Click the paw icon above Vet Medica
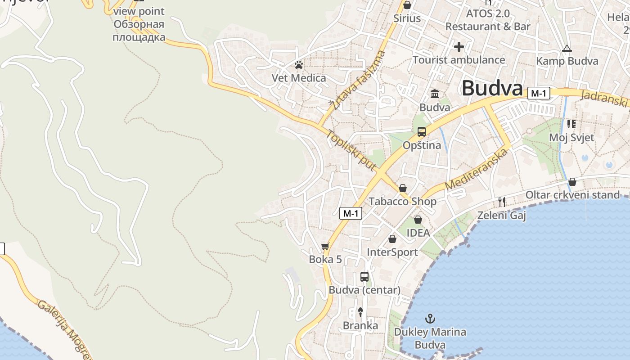298,65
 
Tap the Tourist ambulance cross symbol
459,46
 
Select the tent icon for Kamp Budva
567,48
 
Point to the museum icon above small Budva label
435,94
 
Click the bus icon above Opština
421,131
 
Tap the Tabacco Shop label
402,201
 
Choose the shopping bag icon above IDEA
418,220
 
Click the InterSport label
392,252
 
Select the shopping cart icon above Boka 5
325,246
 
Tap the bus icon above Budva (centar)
364,276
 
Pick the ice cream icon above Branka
360,311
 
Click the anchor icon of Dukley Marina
430,319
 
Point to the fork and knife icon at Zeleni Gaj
502,202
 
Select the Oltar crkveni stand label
572,195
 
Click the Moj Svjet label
571,137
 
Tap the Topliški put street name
351,150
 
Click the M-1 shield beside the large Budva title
539,93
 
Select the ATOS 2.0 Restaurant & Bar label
488,20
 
